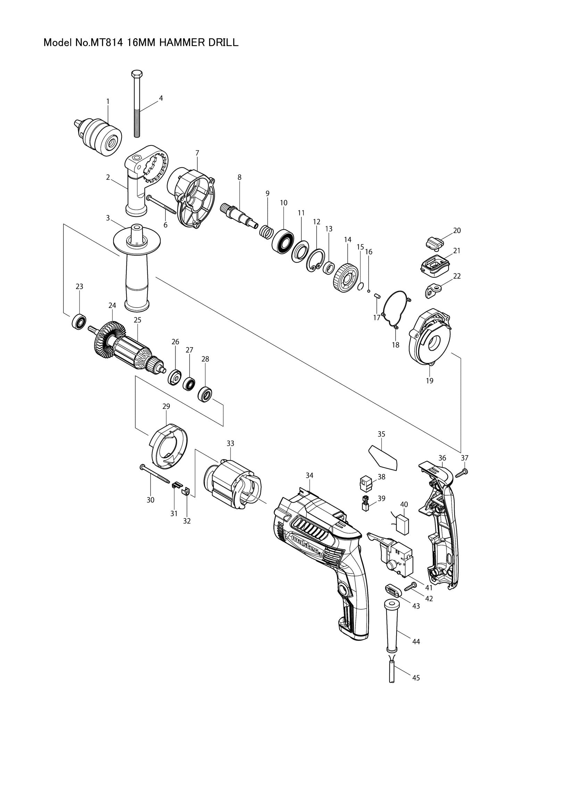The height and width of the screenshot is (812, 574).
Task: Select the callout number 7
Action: [x=197, y=153]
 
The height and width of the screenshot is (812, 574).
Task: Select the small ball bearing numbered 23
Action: [x=79, y=321]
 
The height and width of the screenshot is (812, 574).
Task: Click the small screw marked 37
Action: [x=462, y=474]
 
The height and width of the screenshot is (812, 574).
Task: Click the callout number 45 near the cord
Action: [x=416, y=678]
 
